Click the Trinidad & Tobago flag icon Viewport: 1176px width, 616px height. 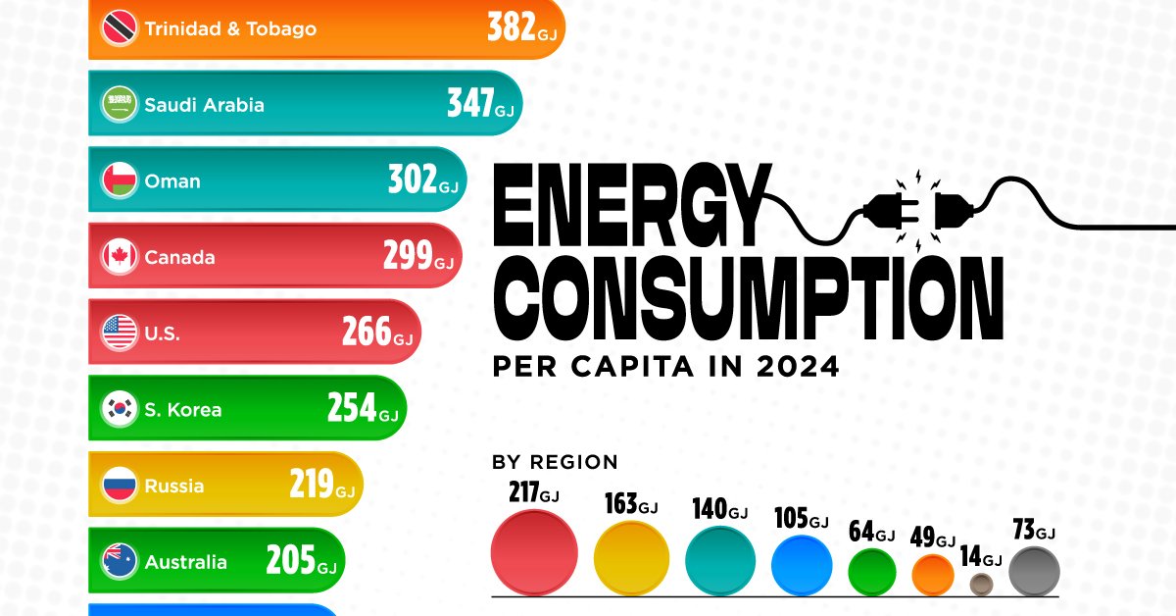[120, 28]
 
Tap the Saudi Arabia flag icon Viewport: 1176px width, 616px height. [120, 104]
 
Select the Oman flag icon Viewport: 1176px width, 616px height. [120, 180]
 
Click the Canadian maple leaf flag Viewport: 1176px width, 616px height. [120, 257]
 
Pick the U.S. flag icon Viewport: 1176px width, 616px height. [120, 334]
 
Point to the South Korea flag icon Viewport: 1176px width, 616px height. [120, 410]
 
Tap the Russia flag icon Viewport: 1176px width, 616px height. [120, 486]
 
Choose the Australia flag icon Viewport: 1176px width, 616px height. [120, 562]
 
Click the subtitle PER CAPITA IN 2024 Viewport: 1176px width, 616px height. [665, 368]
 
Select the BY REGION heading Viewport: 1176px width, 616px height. [555, 462]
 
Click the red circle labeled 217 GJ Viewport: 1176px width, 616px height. [533, 551]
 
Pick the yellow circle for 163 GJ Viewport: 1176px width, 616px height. [631, 558]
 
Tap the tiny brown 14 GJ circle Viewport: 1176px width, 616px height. [983, 585]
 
